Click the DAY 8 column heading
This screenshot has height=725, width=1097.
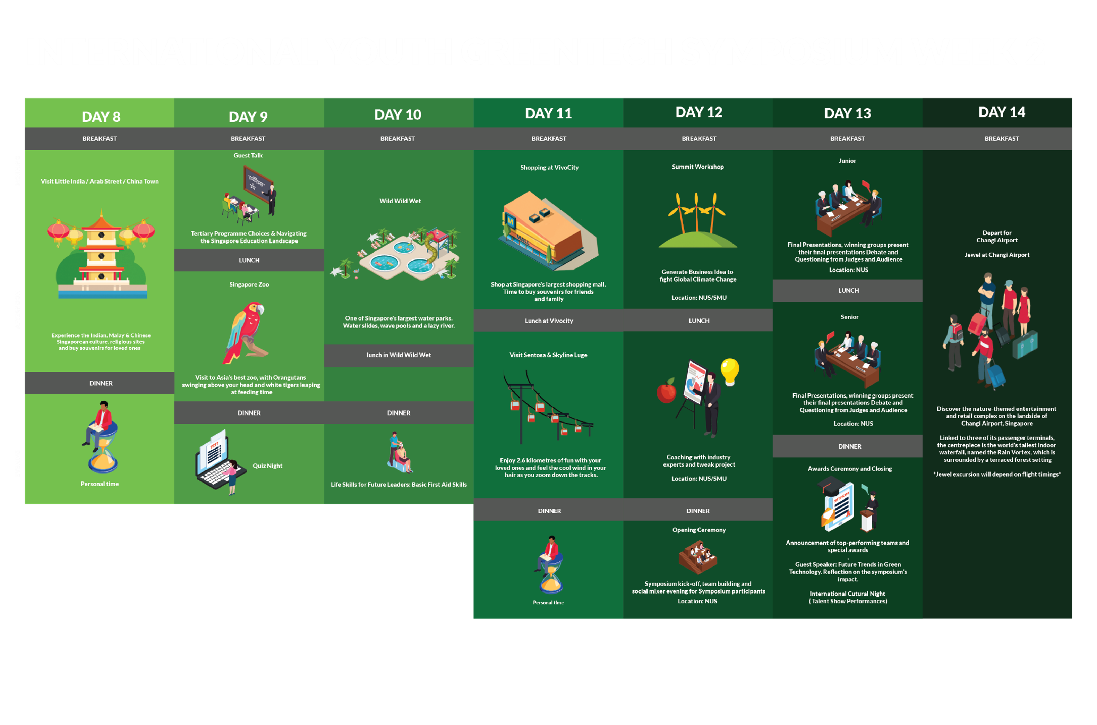(101, 117)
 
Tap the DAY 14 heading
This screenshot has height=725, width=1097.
(1001, 112)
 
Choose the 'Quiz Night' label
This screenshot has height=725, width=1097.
(267, 466)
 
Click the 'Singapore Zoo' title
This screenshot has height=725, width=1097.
(249, 284)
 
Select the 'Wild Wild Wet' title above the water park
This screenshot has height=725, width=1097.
(400, 201)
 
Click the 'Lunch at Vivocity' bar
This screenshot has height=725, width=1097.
(549, 321)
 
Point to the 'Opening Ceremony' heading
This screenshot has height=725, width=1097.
(699, 530)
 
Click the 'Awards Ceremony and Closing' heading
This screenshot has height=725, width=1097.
(849, 468)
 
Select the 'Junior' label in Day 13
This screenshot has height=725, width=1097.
(847, 161)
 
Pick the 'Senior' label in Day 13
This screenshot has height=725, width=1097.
(849, 317)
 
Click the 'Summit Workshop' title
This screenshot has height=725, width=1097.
(697, 167)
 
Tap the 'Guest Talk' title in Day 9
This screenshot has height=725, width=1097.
(248, 155)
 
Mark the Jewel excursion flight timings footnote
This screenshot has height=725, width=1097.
(997, 474)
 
